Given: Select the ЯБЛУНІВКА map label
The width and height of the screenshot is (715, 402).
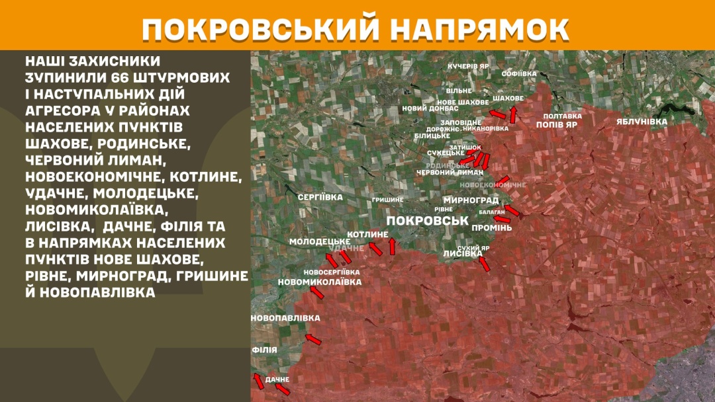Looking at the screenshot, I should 642,122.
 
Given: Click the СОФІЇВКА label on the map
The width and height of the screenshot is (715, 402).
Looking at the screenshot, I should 518,73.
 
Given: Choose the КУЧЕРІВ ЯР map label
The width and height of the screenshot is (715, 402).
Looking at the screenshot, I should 468,67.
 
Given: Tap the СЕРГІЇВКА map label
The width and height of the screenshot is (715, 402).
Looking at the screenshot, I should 320,197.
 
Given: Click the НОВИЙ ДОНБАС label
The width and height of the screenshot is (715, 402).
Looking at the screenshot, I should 430,108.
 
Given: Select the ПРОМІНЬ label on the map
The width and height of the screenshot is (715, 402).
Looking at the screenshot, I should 492,227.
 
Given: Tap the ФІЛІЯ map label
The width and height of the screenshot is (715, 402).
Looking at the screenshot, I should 263,350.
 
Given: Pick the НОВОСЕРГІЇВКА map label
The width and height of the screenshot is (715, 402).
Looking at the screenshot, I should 332,272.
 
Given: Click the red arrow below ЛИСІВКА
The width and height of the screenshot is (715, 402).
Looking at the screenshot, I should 485,264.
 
